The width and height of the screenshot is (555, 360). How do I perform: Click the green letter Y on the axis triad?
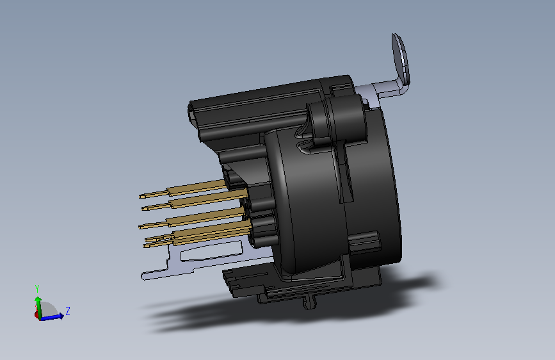point(37,288)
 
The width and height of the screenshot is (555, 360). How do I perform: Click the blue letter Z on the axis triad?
point(68,311)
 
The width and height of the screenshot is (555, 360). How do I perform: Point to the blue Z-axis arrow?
point(52,317)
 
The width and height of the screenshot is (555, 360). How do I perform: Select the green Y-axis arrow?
point(38,307)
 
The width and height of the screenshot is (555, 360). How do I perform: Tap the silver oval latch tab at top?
point(400,58)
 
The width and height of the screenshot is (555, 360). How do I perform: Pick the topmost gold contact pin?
point(183,189)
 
